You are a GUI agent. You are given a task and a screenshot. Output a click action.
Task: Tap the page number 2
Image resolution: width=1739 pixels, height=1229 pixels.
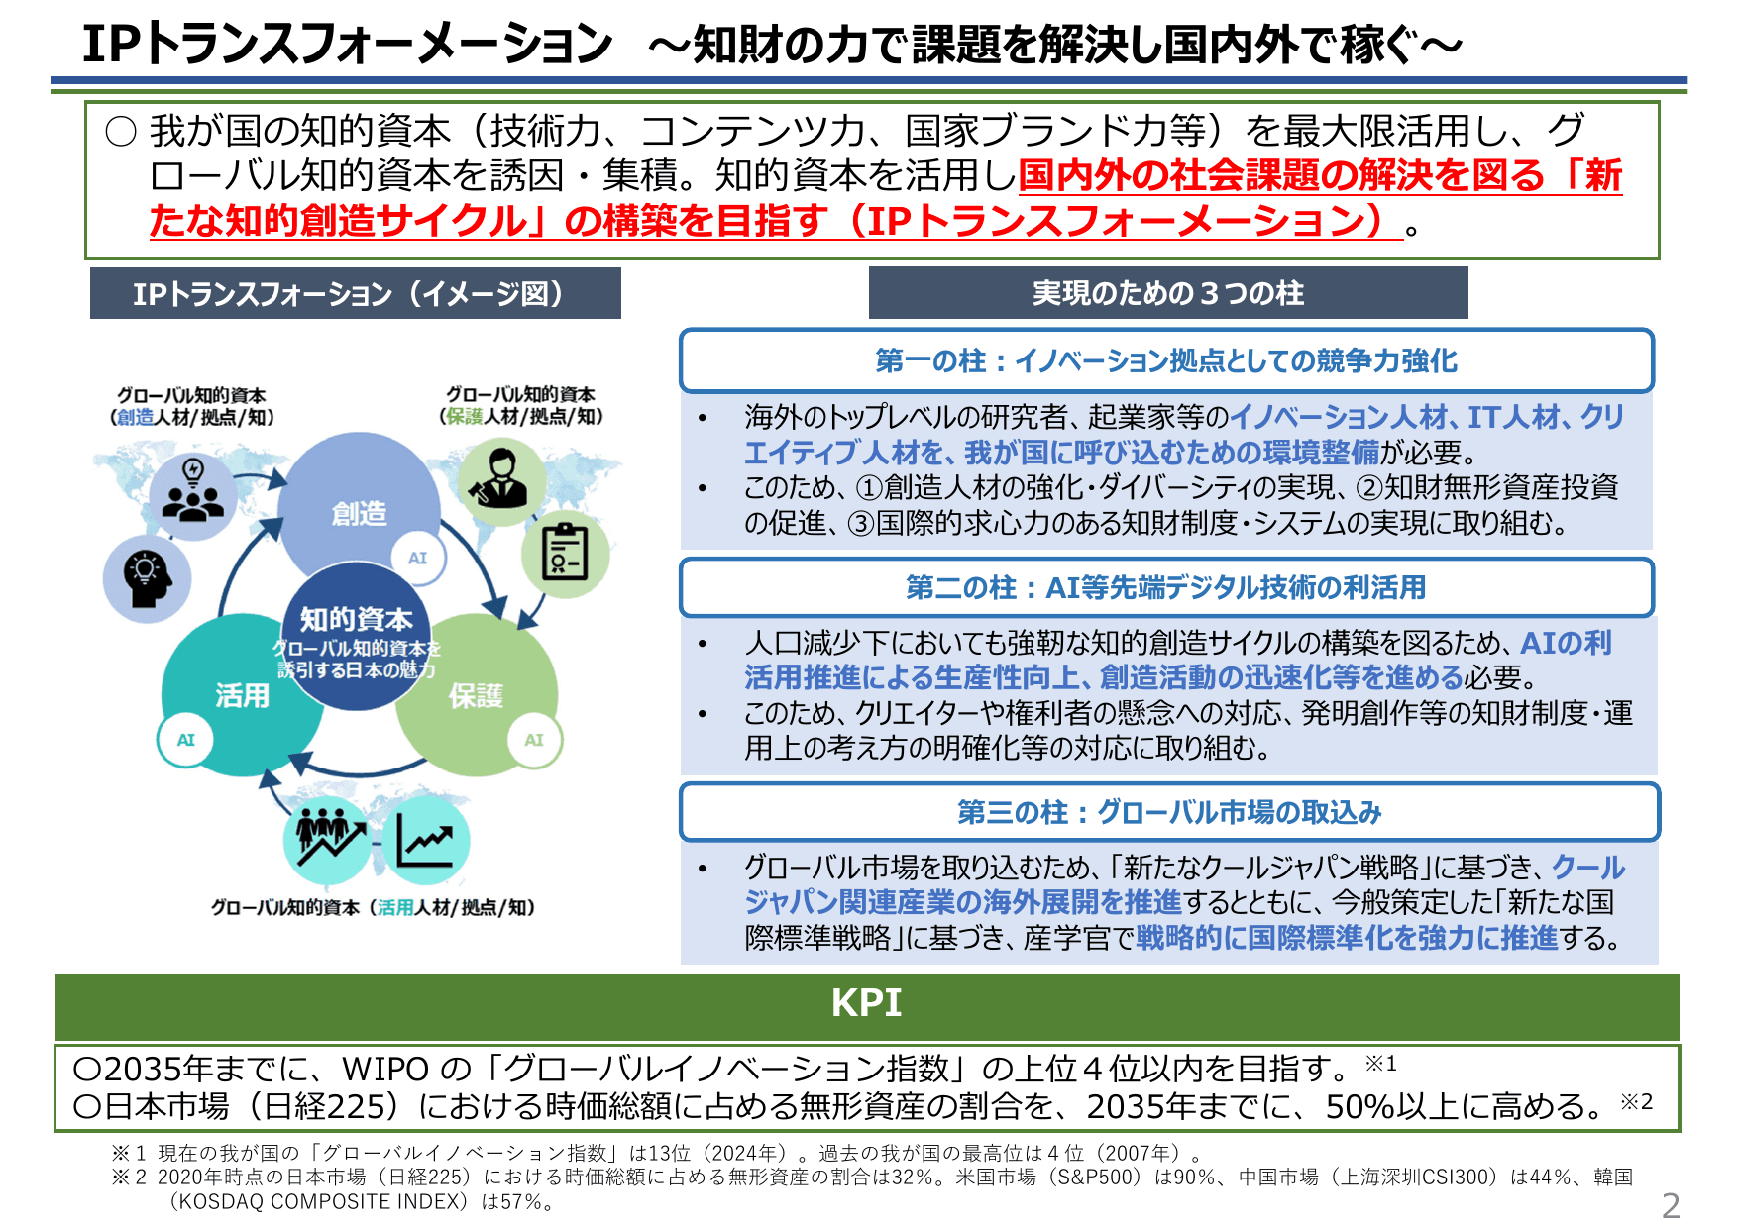click(x=1671, y=1205)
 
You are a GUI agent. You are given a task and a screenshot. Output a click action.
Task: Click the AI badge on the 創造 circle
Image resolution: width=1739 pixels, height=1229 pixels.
click(x=417, y=558)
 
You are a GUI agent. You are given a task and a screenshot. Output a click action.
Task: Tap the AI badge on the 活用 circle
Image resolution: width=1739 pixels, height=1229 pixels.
click(x=186, y=740)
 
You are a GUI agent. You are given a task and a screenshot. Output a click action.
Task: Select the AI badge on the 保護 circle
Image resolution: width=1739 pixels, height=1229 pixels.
click(x=534, y=740)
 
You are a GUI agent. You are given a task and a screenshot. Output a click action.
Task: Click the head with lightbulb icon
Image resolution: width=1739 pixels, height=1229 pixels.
click(x=147, y=578)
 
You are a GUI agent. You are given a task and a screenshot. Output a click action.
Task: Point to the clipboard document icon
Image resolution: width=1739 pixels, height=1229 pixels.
click(x=565, y=553)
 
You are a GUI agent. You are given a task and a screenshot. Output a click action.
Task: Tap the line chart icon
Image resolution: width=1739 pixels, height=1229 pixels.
click(x=425, y=840)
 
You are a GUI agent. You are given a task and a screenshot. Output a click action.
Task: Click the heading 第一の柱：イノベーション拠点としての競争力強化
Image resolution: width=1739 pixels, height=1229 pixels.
click(x=1166, y=360)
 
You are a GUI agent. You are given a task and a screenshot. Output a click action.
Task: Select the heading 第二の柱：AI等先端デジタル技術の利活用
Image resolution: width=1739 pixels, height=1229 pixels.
click(x=1166, y=587)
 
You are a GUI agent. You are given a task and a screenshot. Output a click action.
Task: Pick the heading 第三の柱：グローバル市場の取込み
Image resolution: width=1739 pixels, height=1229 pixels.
click(x=1168, y=812)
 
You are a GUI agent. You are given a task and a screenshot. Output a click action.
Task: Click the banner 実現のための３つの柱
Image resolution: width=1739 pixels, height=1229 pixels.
click(x=1167, y=293)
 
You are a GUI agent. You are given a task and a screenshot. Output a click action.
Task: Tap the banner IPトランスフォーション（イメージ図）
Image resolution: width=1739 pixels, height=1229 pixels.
click(x=355, y=294)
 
